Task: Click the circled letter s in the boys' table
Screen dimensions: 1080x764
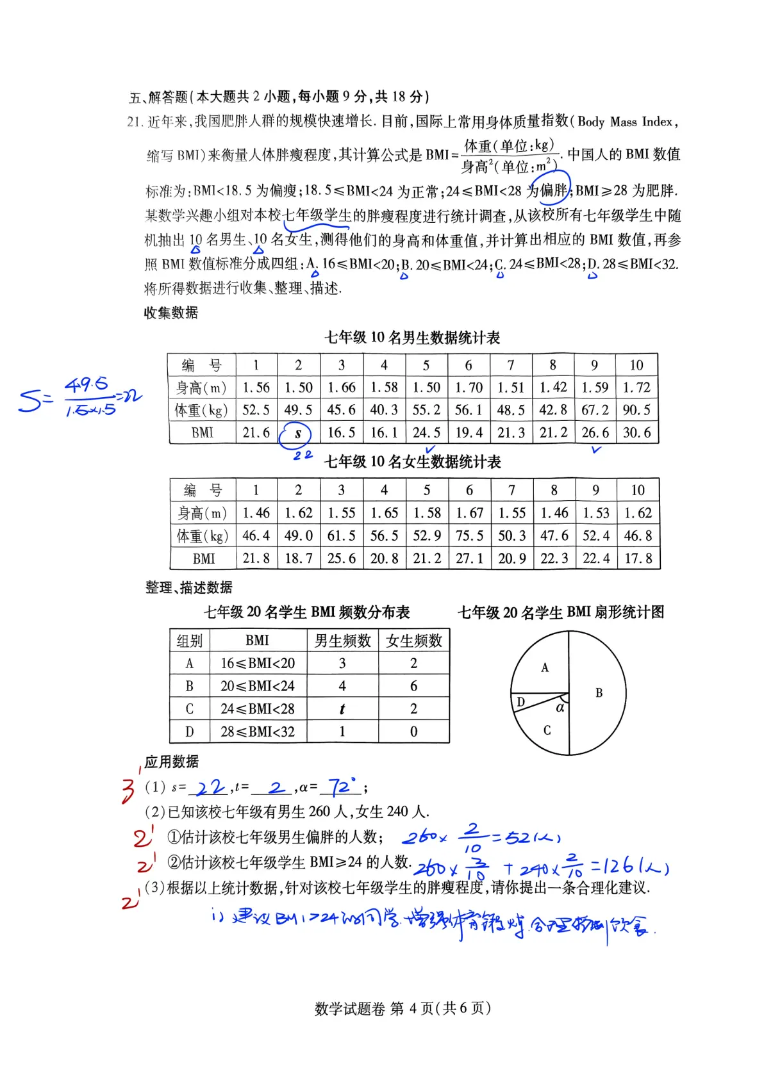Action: [x=297, y=434]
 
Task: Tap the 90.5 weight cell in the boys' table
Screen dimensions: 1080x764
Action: [x=636, y=410]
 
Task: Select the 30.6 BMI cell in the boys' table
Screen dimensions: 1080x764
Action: [x=636, y=433]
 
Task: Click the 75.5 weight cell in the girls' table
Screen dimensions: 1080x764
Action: [x=469, y=536]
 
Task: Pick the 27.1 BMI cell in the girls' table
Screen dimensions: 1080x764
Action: [x=469, y=559]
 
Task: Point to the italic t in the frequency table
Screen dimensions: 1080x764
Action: [x=342, y=709]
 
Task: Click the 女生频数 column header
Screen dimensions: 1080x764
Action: [x=414, y=641]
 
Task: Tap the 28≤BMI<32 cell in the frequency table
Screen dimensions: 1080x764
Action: [x=258, y=732]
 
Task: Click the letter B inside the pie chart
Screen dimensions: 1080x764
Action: [x=599, y=692]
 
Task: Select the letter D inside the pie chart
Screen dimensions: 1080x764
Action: [x=520, y=702]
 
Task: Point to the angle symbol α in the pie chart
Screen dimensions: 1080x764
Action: [x=560, y=707]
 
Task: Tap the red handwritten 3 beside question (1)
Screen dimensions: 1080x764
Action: [x=129, y=790]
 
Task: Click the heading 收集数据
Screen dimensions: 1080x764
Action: [x=171, y=313]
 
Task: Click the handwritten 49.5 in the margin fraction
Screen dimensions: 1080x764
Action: [x=87, y=384]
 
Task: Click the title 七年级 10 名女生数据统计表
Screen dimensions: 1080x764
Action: [x=412, y=462]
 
